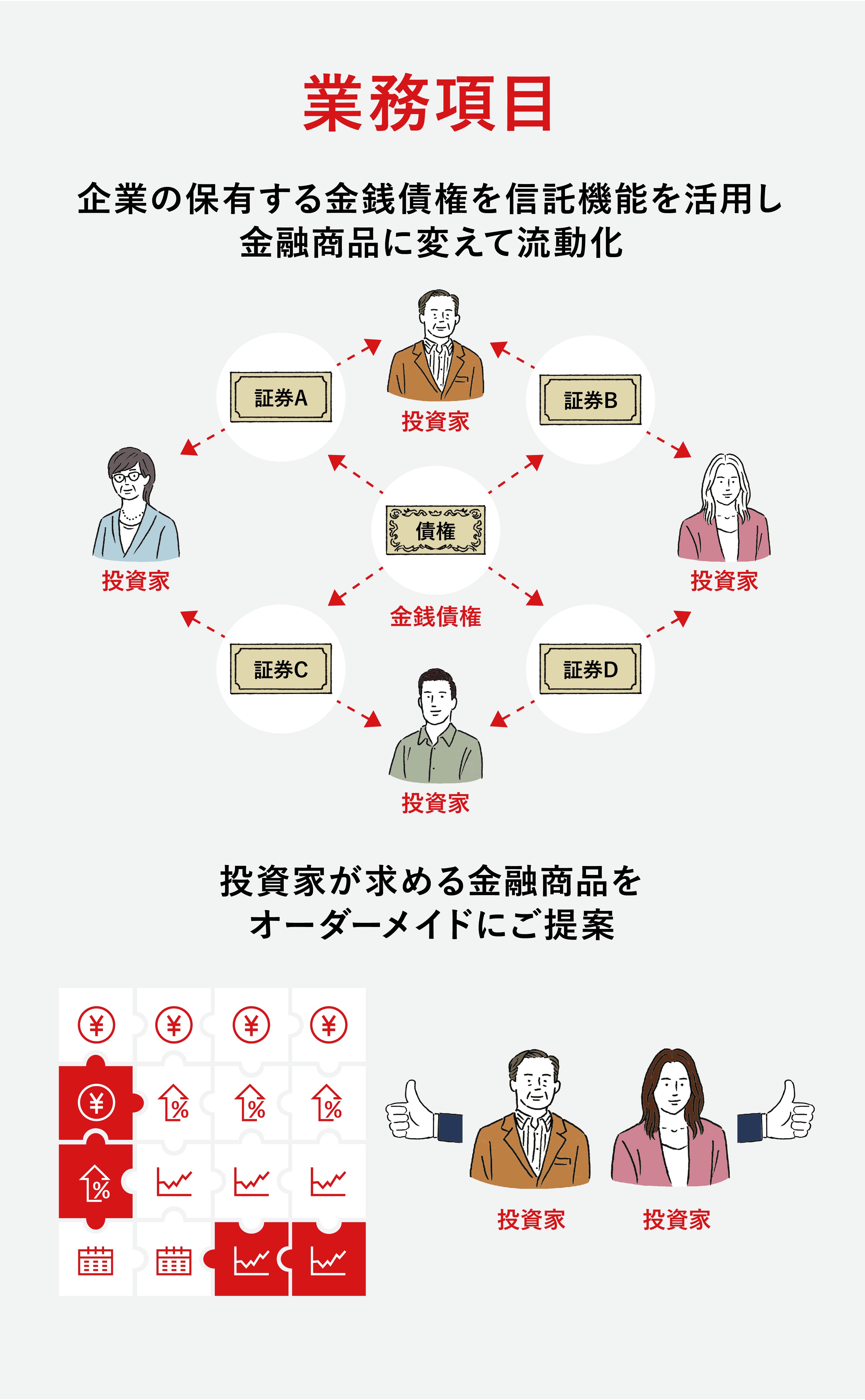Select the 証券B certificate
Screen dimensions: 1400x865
590,400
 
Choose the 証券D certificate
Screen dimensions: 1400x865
590,668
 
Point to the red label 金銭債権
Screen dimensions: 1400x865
435,616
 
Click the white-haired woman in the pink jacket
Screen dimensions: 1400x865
724,509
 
